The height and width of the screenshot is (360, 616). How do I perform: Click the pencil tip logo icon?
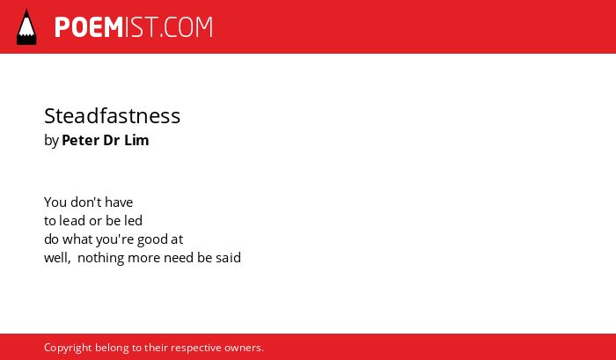pyautogui.click(x=26, y=27)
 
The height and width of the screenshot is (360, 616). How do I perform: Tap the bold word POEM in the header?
pyautogui.click(x=89, y=27)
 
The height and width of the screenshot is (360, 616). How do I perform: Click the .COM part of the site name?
pyautogui.click(x=187, y=27)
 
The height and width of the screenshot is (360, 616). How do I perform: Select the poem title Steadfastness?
pyautogui.click(x=112, y=116)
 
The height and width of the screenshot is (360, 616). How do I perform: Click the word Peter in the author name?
pyautogui.click(x=81, y=140)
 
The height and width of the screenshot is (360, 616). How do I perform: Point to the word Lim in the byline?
pyautogui.click(x=136, y=140)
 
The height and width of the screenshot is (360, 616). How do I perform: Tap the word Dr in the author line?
pyautogui.click(x=112, y=140)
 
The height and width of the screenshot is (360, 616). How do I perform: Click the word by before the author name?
pyautogui.click(x=51, y=141)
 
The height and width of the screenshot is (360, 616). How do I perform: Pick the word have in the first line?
pyautogui.click(x=119, y=202)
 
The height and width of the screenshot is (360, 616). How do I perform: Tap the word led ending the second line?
pyautogui.click(x=133, y=221)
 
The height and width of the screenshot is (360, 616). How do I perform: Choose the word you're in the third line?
pyautogui.click(x=114, y=239)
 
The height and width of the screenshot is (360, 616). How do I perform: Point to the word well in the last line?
pyautogui.click(x=57, y=258)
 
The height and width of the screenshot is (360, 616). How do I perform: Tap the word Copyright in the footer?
pyautogui.click(x=68, y=349)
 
